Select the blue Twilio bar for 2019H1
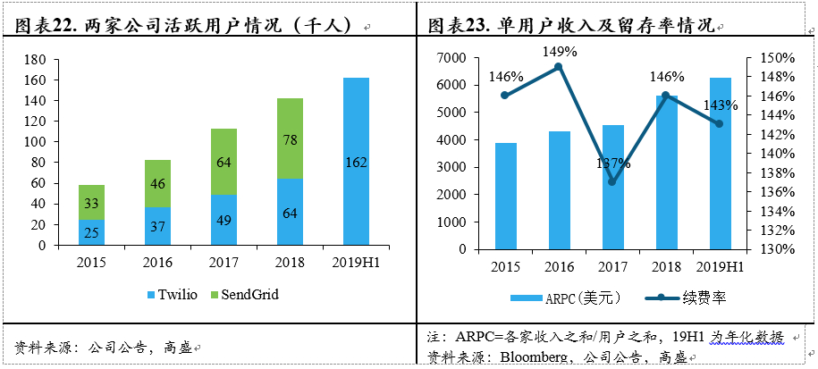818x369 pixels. (x=356, y=161)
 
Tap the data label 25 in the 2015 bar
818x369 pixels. (x=92, y=232)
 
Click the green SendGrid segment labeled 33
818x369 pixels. (x=92, y=203)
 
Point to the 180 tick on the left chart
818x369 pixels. (x=35, y=60)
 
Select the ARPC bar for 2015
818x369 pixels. (x=505, y=192)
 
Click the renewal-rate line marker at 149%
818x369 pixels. (x=559, y=66)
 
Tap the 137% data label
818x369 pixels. (x=612, y=164)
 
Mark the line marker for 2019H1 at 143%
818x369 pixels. (x=720, y=123)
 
